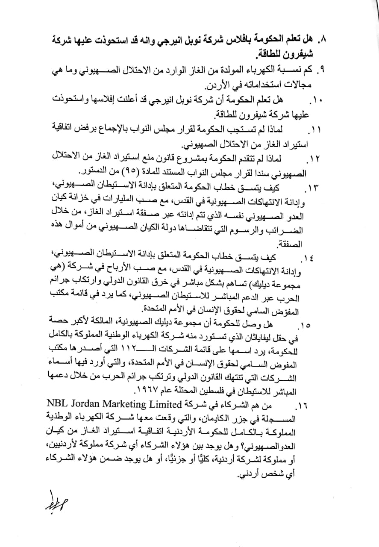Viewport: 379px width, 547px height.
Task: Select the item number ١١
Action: [316, 129]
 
